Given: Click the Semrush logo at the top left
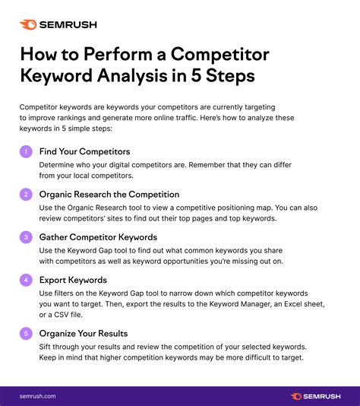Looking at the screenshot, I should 58,24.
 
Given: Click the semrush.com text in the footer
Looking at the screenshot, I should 39,395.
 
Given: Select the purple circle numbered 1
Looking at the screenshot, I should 26,151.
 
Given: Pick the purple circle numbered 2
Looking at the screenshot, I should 26,195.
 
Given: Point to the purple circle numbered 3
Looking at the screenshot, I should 26,237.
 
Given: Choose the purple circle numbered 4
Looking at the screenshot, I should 26,279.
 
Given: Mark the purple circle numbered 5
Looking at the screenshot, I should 26,332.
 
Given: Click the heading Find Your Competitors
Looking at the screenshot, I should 84,151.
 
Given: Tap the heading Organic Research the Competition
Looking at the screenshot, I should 109,194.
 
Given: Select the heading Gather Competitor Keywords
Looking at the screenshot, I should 98,237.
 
